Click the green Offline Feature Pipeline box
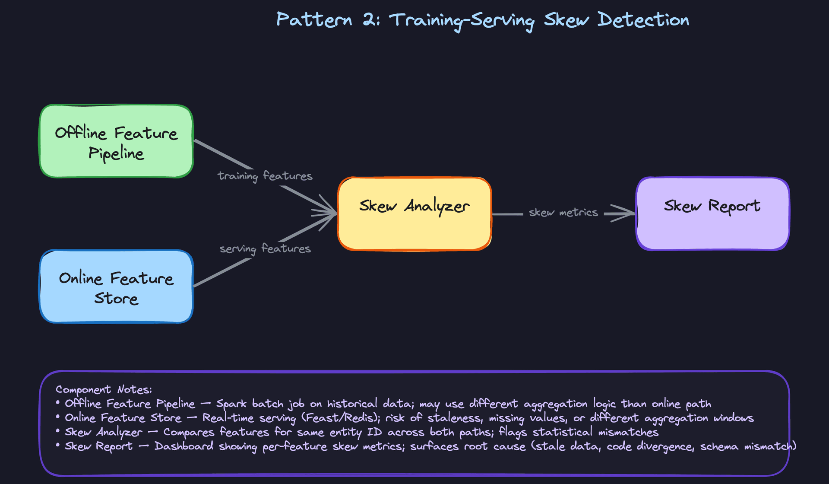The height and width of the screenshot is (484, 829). click(116, 141)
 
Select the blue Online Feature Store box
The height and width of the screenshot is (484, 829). click(116, 287)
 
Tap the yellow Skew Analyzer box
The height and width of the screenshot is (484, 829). click(414, 214)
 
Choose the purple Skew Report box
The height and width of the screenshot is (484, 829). click(712, 214)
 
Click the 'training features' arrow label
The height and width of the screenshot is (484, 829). click(265, 176)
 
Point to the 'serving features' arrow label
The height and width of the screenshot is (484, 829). click(265, 248)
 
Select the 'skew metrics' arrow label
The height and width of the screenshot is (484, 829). click(563, 213)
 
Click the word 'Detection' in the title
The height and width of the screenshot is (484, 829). click(643, 20)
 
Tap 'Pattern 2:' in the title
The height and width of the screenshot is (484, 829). click(328, 20)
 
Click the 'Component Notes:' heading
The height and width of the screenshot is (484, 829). click(104, 389)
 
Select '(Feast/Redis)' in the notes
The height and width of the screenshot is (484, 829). click(341, 418)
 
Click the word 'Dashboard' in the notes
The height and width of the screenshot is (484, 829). click(184, 446)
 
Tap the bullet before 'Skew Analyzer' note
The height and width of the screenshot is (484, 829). click(58, 431)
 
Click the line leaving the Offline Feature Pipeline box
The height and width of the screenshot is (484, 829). click(222, 154)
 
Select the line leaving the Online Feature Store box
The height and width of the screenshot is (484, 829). click(222, 272)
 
